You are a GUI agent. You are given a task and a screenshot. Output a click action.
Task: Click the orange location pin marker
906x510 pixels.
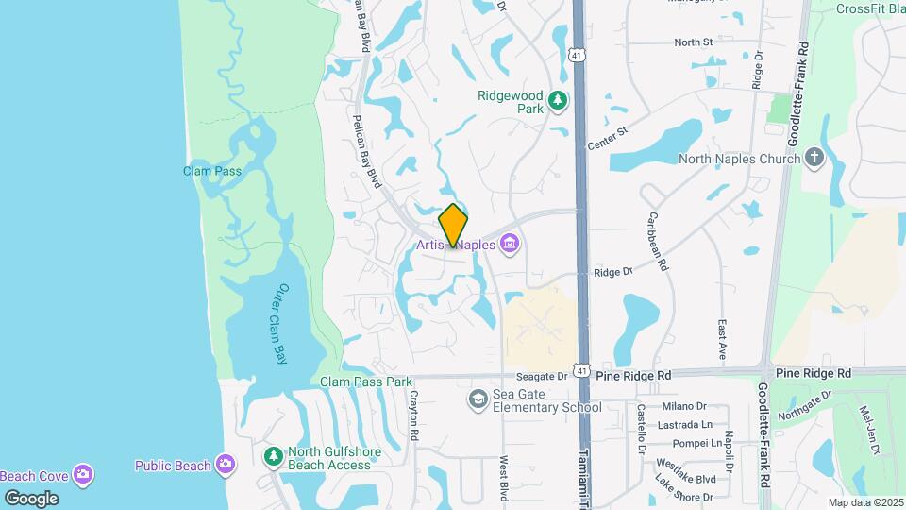[x=454, y=226]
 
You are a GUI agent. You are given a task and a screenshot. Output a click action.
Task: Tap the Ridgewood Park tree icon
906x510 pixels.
[x=558, y=98]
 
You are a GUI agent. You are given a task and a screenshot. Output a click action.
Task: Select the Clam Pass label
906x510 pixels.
[x=212, y=171]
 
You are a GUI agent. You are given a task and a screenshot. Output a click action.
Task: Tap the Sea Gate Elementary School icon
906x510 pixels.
[x=478, y=400]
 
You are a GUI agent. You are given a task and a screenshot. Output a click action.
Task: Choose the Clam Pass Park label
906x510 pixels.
[x=367, y=382]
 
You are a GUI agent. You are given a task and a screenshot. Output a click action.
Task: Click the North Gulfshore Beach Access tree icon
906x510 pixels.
[x=273, y=458]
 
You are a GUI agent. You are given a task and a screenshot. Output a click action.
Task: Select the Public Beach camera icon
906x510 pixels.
[x=225, y=465]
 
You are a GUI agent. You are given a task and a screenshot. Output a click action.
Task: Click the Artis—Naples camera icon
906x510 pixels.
[x=511, y=246]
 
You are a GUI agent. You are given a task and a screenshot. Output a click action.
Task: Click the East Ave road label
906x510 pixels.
[x=722, y=337]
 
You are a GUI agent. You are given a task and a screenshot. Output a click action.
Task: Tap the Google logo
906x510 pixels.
[x=31, y=499]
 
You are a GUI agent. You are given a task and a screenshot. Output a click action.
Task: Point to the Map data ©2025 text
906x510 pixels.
[x=864, y=502]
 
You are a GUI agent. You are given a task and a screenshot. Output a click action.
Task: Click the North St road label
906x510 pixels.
[x=693, y=42]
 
